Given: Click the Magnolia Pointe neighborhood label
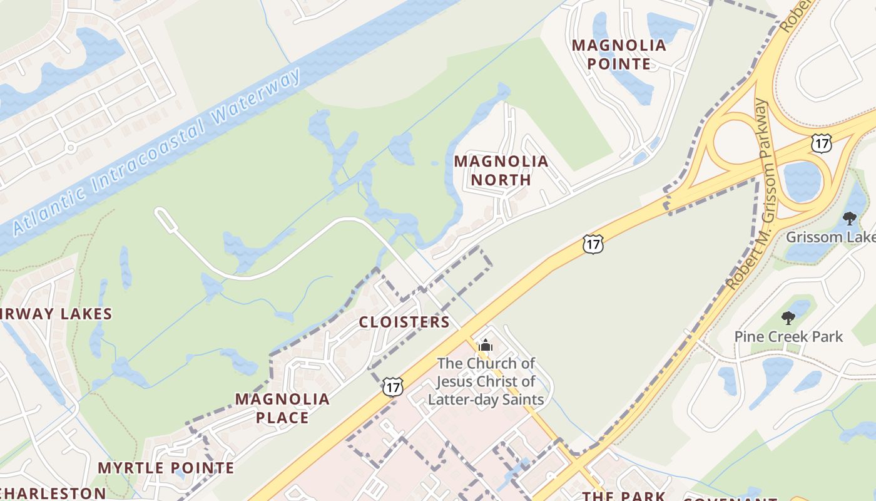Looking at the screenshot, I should pyautogui.click(x=619, y=54).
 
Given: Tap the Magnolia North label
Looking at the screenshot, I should pyautogui.click(x=501, y=170).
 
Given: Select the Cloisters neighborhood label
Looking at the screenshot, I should pyautogui.click(x=404, y=323).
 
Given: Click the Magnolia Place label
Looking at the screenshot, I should pyautogui.click(x=282, y=408).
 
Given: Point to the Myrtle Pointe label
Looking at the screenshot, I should pyautogui.click(x=166, y=468).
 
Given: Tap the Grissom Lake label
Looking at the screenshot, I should pyautogui.click(x=830, y=237).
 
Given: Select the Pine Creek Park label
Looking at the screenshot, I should pyautogui.click(x=788, y=336).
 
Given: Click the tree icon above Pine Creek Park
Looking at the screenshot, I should pyautogui.click(x=788, y=318).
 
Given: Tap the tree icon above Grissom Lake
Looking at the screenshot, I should pyautogui.click(x=849, y=219).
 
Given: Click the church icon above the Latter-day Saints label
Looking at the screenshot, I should pyautogui.click(x=486, y=345).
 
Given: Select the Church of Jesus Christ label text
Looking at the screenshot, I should pyautogui.click(x=486, y=381).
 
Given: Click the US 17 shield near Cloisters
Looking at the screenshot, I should pyautogui.click(x=392, y=386).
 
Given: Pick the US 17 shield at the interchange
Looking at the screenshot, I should pyautogui.click(x=821, y=143).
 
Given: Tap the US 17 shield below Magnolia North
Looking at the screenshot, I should pyautogui.click(x=593, y=244).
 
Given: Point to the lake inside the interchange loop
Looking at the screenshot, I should pyautogui.click(x=802, y=181).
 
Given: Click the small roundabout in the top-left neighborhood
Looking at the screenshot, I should pyautogui.click(x=70, y=148).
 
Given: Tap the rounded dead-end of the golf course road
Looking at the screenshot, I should pyautogui.click(x=162, y=216).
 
